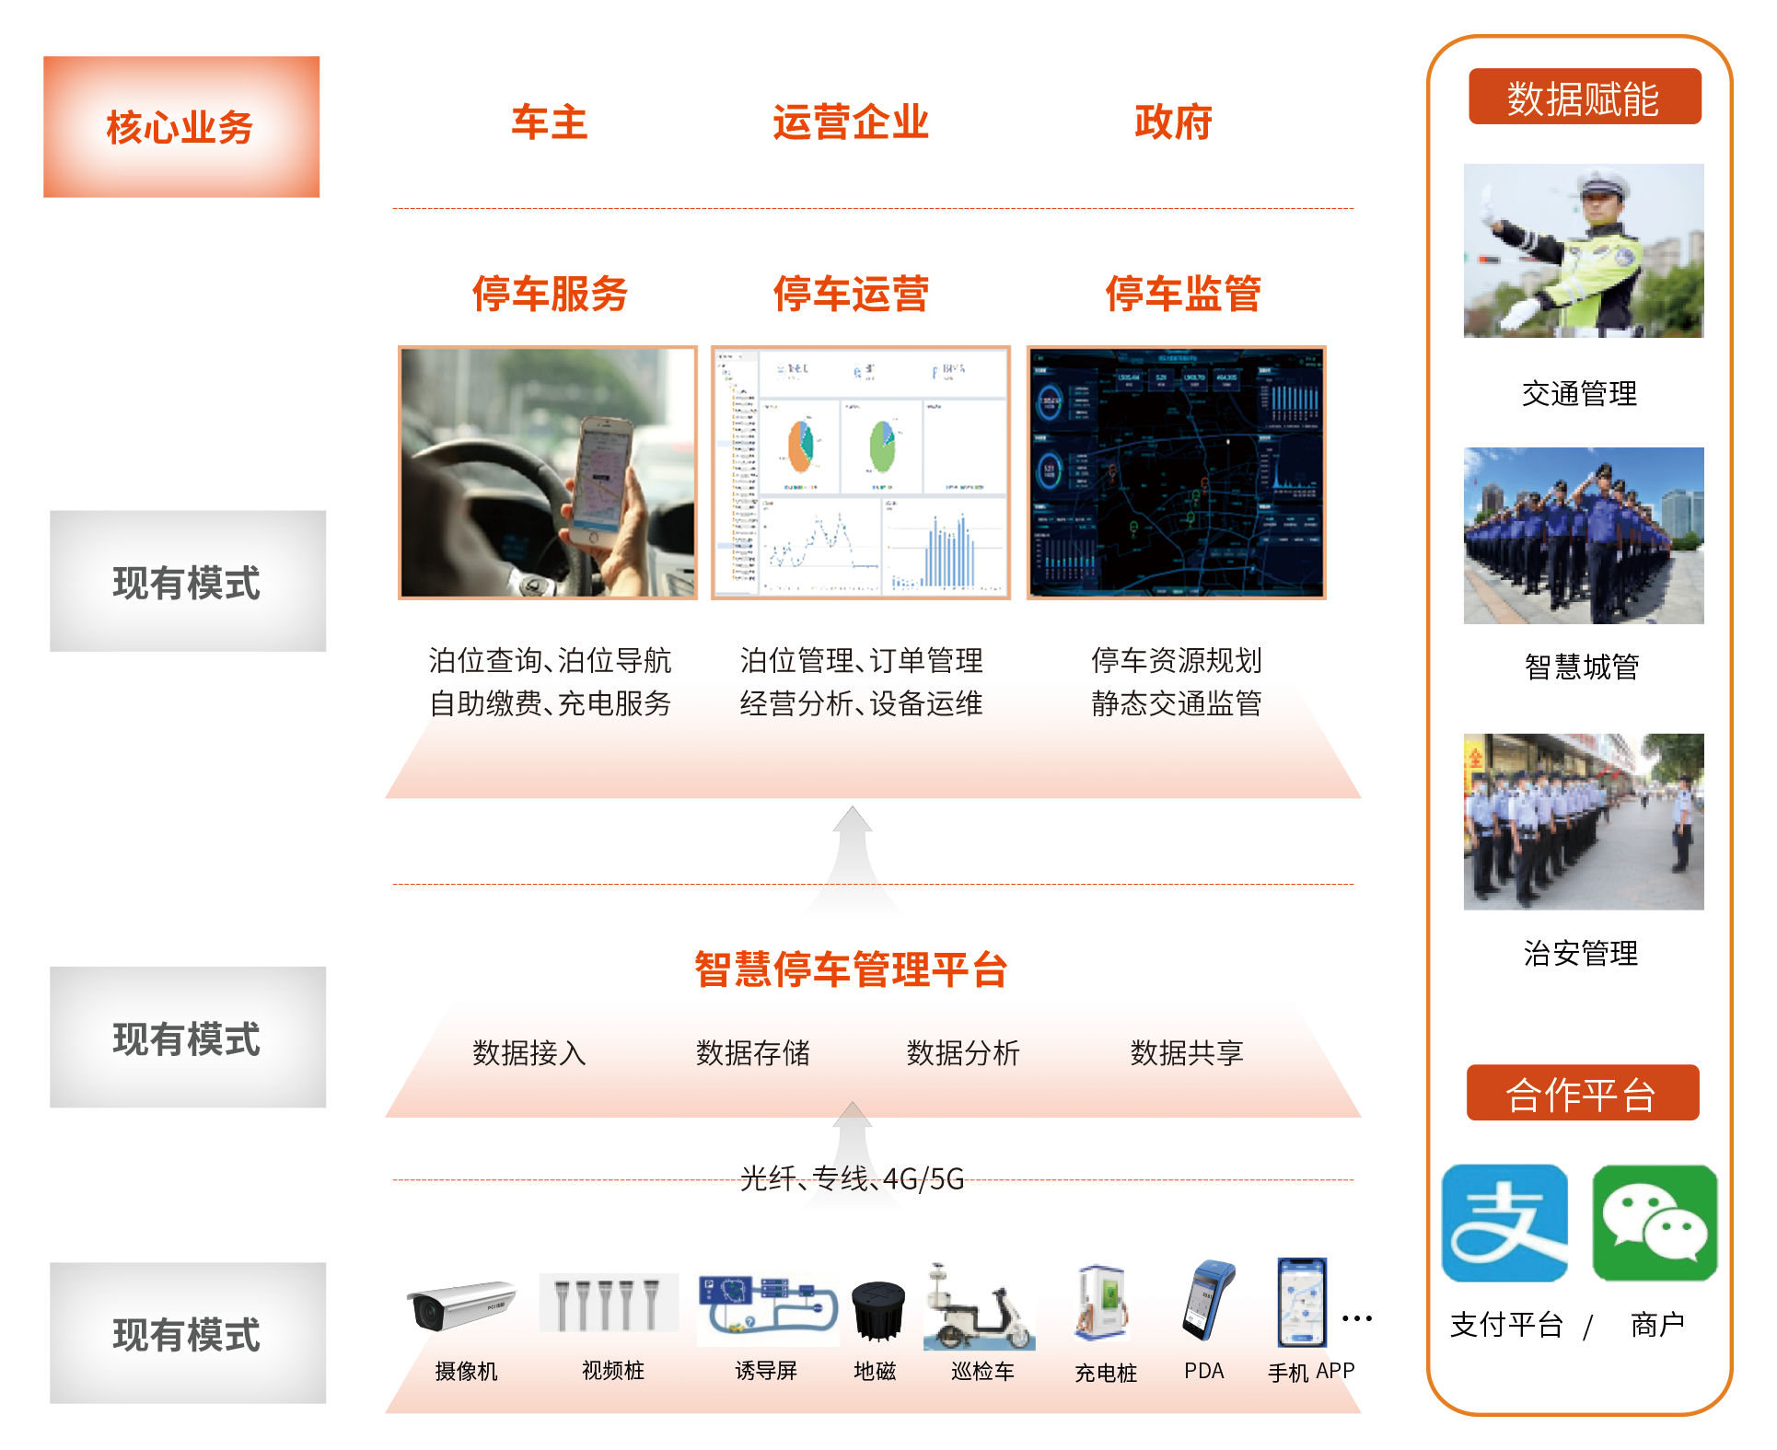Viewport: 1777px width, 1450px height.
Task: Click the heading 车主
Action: [x=549, y=122]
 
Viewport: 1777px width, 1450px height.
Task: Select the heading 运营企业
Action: [x=850, y=122]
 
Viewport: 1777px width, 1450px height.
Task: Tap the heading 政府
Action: [x=1172, y=122]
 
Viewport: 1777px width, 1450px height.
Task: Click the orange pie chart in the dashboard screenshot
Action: [x=799, y=446]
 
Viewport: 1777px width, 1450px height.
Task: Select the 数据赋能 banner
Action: [x=1584, y=98]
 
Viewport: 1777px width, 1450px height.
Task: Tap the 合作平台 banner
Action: [x=1582, y=1094]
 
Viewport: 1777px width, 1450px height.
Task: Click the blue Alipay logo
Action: [x=1504, y=1223]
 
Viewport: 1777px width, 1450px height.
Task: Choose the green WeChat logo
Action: [x=1654, y=1223]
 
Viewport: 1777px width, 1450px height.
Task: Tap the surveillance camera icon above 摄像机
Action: [x=459, y=1305]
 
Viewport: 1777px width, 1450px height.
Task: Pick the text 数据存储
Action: [x=752, y=1053]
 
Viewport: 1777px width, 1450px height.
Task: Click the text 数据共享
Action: [x=1186, y=1053]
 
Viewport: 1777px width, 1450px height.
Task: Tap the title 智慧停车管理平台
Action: [x=850, y=969]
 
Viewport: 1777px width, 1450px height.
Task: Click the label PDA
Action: [x=1203, y=1371]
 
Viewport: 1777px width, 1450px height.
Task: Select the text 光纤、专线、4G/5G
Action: [x=852, y=1178]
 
